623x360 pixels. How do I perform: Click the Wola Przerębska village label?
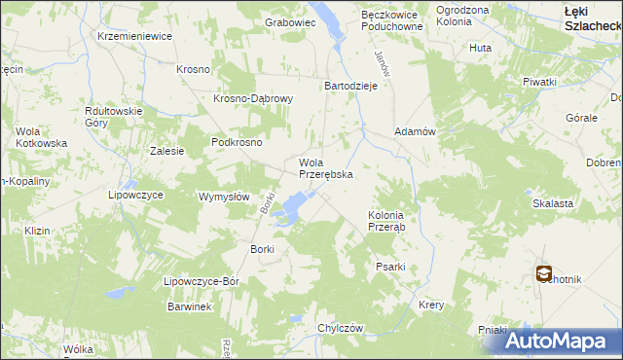pos(324,168)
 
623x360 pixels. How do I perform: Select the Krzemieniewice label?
pos(134,36)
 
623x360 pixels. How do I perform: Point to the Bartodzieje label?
pos(350,85)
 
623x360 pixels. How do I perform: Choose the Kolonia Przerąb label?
pos(392,221)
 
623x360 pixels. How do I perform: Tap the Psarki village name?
pos(389,266)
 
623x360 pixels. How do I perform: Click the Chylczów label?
pos(340,328)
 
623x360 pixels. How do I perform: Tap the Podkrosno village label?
pos(237,141)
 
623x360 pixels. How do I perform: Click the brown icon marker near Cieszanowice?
pos(543,274)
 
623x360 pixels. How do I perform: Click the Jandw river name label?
pos(383,65)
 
